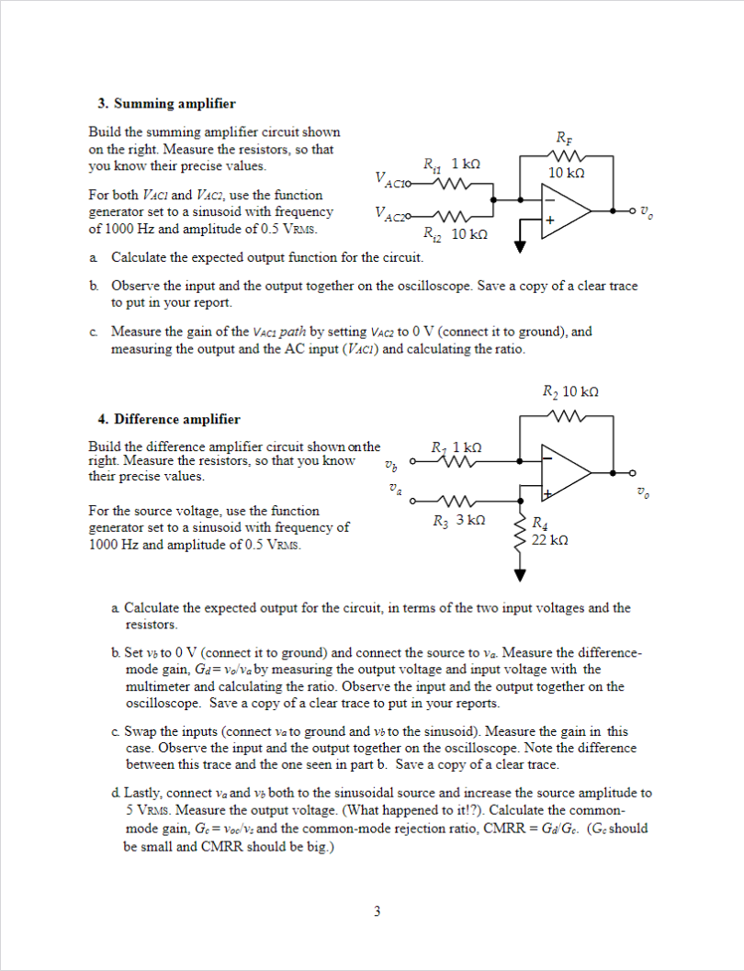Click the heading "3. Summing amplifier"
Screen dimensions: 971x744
coord(166,104)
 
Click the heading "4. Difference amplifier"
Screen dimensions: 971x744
coord(169,419)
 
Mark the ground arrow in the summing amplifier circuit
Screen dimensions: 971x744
coord(521,244)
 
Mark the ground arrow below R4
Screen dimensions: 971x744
coord(521,576)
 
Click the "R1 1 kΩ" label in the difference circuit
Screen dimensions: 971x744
coord(457,446)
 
